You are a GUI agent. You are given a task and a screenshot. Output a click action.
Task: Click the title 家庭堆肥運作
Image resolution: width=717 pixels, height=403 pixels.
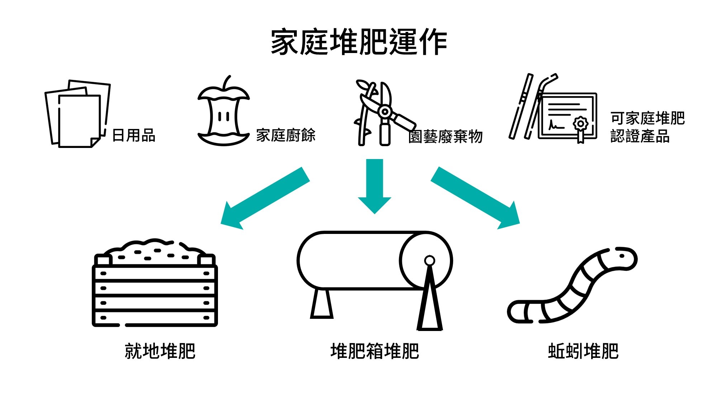coord(359,42)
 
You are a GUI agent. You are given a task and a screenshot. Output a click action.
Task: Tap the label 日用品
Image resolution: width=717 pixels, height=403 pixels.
coord(134,136)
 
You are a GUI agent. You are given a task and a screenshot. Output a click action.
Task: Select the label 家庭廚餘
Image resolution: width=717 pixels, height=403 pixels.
coord(286,135)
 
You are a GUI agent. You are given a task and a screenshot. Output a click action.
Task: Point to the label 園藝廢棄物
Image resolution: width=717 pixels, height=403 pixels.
coord(445,136)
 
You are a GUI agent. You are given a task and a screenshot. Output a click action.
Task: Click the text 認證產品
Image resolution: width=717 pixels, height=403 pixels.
coord(640,136)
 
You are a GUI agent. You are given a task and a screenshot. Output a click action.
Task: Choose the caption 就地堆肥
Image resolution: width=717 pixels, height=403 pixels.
coord(160,351)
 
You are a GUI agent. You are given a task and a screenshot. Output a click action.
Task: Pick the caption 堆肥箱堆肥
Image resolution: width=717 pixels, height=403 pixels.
coord(375,351)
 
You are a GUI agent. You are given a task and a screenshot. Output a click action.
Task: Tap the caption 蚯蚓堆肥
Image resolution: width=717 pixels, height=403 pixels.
coord(583,351)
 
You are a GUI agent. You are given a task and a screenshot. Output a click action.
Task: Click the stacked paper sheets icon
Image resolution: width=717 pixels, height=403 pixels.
coord(77,114)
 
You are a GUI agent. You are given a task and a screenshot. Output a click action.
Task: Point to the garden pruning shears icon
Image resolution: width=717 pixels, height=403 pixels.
coord(384,113)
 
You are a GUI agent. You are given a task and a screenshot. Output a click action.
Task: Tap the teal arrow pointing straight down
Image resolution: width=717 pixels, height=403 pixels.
coord(375,186)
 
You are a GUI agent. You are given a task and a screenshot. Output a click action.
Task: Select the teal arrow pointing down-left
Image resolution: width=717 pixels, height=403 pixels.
coord(265,198)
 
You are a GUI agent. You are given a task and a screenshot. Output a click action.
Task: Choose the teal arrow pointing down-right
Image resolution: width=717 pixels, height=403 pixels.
coord(475,198)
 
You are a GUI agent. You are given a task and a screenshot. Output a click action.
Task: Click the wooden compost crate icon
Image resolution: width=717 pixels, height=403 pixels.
coord(155,283)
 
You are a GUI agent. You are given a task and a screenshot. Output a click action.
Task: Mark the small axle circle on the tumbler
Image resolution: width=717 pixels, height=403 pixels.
coord(429,260)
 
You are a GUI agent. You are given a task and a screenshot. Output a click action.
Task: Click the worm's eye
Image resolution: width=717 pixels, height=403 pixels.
coord(622,256)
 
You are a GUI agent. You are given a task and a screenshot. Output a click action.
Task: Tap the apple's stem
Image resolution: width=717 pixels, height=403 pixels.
coord(227,82)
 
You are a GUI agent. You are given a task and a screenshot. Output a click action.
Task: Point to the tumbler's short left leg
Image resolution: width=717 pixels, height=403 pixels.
coord(322,304)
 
